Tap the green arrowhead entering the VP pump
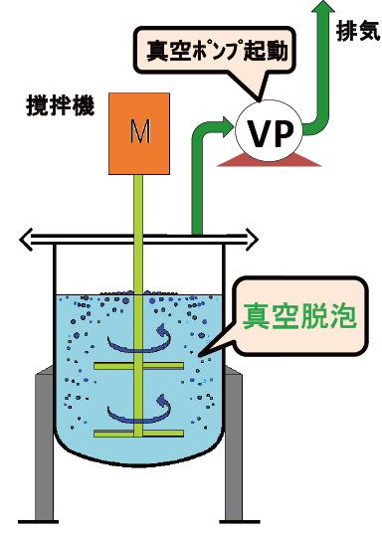[223, 128]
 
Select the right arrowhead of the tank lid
[255, 239]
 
